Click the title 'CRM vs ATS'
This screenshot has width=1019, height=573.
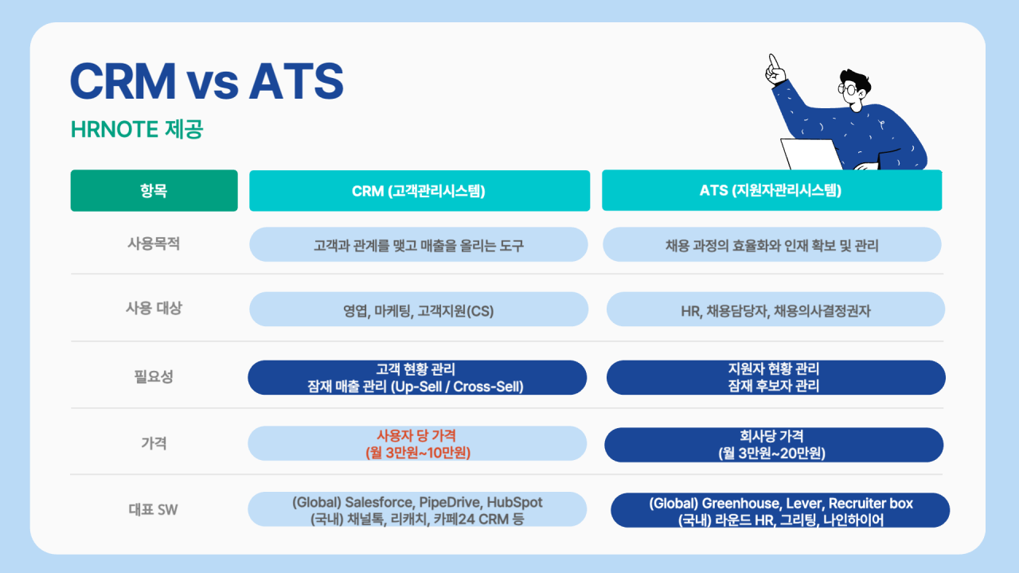(x=207, y=81)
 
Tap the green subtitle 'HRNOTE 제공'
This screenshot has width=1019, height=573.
(x=137, y=129)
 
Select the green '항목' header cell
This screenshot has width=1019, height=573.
(x=154, y=190)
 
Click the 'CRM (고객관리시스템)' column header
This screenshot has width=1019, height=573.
(x=420, y=190)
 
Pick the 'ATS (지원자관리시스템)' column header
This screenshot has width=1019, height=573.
(x=771, y=190)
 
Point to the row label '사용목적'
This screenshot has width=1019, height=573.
(x=154, y=244)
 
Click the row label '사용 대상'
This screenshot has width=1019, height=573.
(x=154, y=308)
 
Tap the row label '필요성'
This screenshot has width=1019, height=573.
(x=154, y=376)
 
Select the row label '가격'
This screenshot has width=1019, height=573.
(x=154, y=443)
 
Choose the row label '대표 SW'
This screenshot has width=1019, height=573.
(x=154, y=510)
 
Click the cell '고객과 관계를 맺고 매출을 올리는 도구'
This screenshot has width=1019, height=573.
(x=419, y=244)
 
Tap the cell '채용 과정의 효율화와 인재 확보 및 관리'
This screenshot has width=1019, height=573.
(x=772, y=244)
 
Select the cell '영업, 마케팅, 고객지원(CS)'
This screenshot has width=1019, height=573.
(x=419, y=310)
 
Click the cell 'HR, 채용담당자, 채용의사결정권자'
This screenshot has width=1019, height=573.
(x=775, y=310)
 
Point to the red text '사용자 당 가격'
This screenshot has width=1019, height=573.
(x=416, y=435)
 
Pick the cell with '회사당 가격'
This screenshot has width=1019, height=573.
(x=774, y=445)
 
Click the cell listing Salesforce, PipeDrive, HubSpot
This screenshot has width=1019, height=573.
(x=417, y=509)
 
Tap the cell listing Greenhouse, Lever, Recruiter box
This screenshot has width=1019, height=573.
(x=780, y=510)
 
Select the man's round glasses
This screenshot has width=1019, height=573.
(x=847, y=88)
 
